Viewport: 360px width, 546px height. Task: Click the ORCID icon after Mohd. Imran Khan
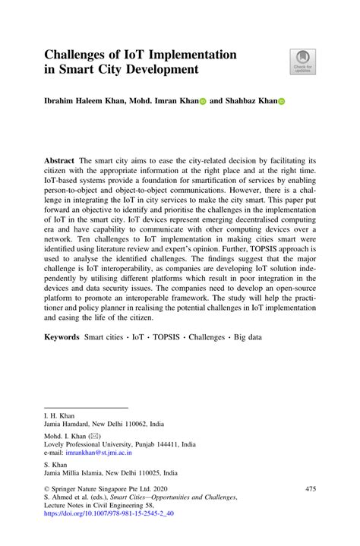[x=203, y=100]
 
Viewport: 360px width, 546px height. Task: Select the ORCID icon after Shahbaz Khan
[x=280, y=100]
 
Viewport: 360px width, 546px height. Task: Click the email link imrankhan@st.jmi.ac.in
[x=99, y=452]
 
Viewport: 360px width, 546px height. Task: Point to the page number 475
[x=309, y=490]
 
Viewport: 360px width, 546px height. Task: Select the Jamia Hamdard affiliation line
[x=104, y=423]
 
